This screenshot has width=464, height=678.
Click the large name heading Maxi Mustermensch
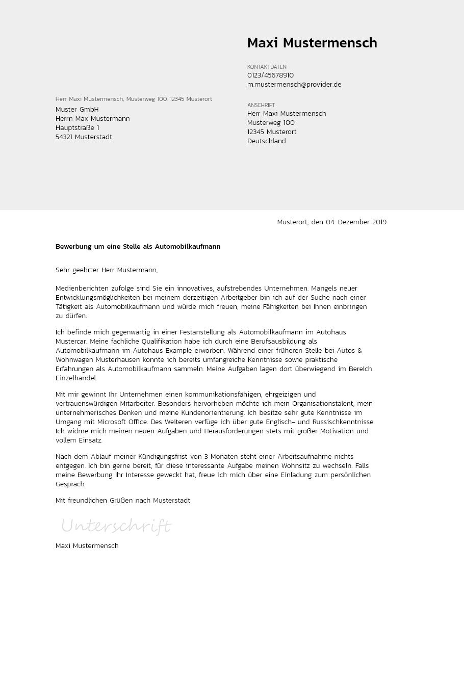(312, 43)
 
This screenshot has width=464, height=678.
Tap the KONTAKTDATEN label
(267, 67)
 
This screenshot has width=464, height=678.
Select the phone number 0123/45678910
(270, 75)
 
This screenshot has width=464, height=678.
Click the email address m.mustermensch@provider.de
(294, 85)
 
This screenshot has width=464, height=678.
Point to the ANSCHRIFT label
(261, 105)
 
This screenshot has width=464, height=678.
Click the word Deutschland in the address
(266, 141)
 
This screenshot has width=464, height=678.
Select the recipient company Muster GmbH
(77, 110)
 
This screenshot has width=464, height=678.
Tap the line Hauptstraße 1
(77, 128)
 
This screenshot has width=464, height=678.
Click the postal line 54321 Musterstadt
(84, 137)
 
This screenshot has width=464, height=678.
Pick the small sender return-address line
(134, 99)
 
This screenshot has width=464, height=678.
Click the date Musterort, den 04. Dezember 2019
(331, 222)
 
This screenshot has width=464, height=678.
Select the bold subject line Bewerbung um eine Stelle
(138, 247)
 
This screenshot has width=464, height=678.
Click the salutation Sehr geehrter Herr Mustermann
(107, 270)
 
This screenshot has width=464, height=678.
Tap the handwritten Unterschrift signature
(116, 526)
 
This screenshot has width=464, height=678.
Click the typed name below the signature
(87, 546)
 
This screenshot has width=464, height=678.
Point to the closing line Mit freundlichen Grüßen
(122, 501)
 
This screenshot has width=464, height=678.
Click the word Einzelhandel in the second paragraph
(76, 378)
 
